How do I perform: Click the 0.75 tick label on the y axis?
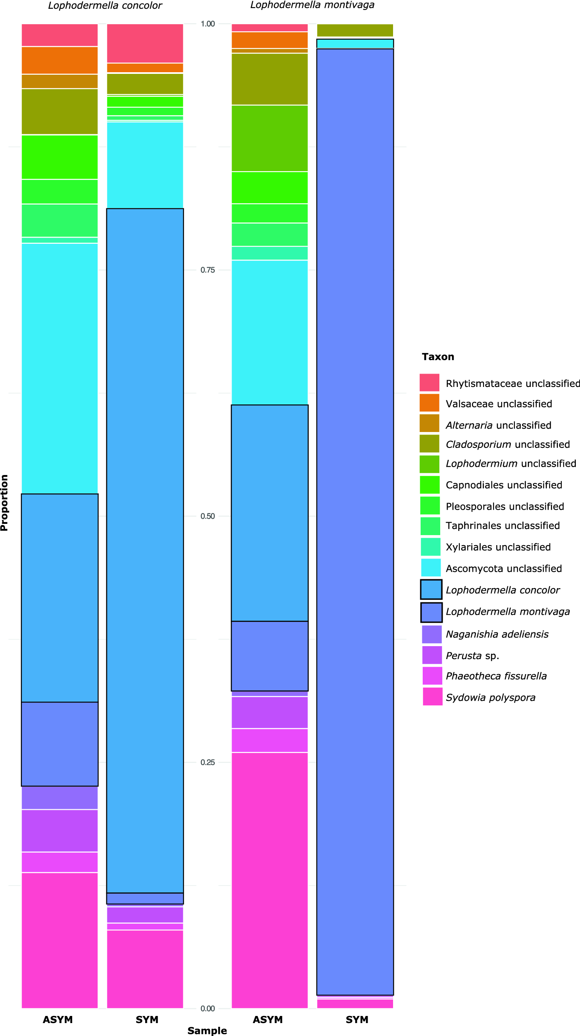pos(207,270)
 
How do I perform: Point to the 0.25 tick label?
pos(207,762)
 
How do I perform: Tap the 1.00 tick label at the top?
pos(207,24)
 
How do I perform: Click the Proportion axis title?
pos(5,503)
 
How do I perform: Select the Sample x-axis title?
pos(207,1031)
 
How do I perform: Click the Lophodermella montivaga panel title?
pos(312,5)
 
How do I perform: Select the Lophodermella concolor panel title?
pos(105,5)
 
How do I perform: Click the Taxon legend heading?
pos(438,357)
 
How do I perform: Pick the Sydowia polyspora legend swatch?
pos(432,697)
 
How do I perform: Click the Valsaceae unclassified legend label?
pos(499,404)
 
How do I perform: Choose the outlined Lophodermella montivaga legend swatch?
pos(431,612)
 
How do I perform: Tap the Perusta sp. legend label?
pos(472,656)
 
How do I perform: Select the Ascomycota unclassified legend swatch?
pos(431,568)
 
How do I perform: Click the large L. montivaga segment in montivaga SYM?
pos(355,522)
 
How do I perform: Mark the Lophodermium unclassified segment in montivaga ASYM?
pos(270,138)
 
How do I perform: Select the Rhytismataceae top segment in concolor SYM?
pos(145,43)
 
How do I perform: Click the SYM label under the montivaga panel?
pos(357,1020)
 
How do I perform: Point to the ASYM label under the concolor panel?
pos(58,1020)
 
